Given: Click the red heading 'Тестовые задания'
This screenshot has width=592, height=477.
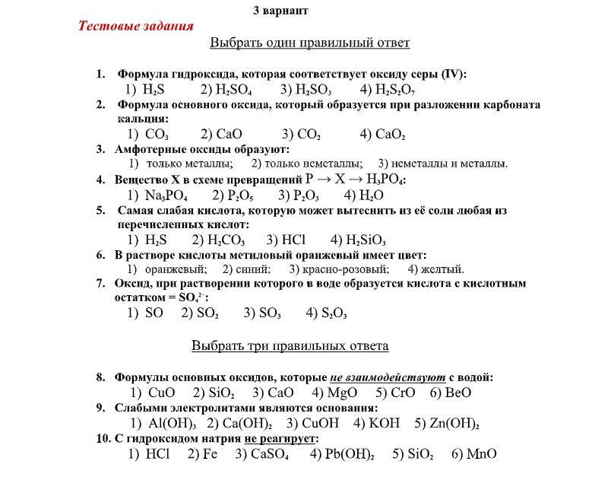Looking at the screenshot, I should pyautogui.click(x=136, y=26).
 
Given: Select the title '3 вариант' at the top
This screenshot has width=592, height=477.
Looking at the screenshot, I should pyautogui.click(x=280, y=11).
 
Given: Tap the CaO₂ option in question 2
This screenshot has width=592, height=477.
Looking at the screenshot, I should pyautogui.click(x=390, y=135).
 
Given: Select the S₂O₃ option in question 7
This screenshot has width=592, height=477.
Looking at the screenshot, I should pyautogui.click(x=334, y=313).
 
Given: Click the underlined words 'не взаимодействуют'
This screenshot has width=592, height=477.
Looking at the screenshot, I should pyautogui.click(x=387, y=377).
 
